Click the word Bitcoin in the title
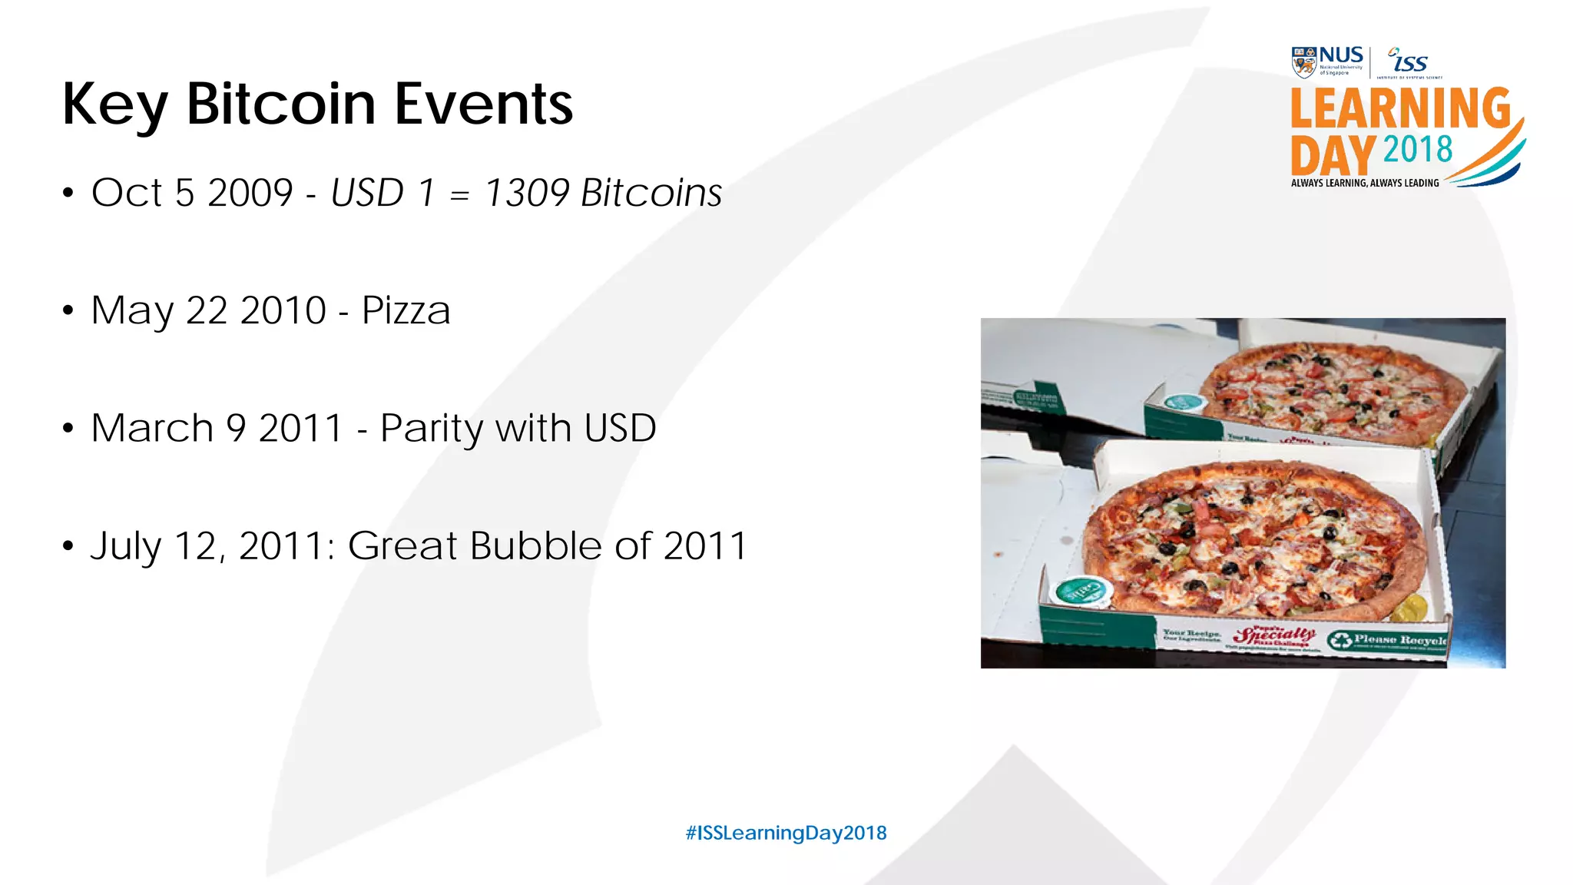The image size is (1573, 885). coord(280,104)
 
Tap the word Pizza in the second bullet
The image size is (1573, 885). coord(406,310)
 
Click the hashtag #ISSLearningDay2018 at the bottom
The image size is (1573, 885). coord(786,833)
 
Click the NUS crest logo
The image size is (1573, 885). coord(1303,62)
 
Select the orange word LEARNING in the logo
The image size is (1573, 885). coord(1400,108)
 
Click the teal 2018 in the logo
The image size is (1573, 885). coord(1418,150)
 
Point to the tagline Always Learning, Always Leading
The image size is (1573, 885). coord(1365,183)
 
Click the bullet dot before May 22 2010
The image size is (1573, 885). coord(68,311)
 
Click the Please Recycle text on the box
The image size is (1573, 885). coord(1398,640)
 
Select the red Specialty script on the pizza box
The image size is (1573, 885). coord(1273,635)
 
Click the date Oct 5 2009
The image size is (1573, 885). coord(192,193)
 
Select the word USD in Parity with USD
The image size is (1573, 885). coord(620,428)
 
